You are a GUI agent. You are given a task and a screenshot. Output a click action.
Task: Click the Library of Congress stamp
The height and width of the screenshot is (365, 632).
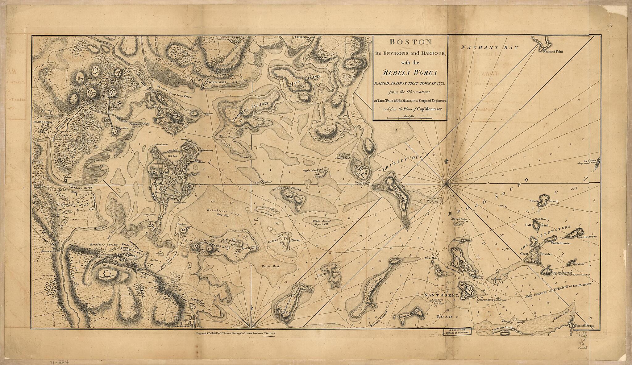[x=458, y=332]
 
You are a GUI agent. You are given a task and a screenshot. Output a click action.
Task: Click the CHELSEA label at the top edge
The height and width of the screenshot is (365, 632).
[x=303, y=37]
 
